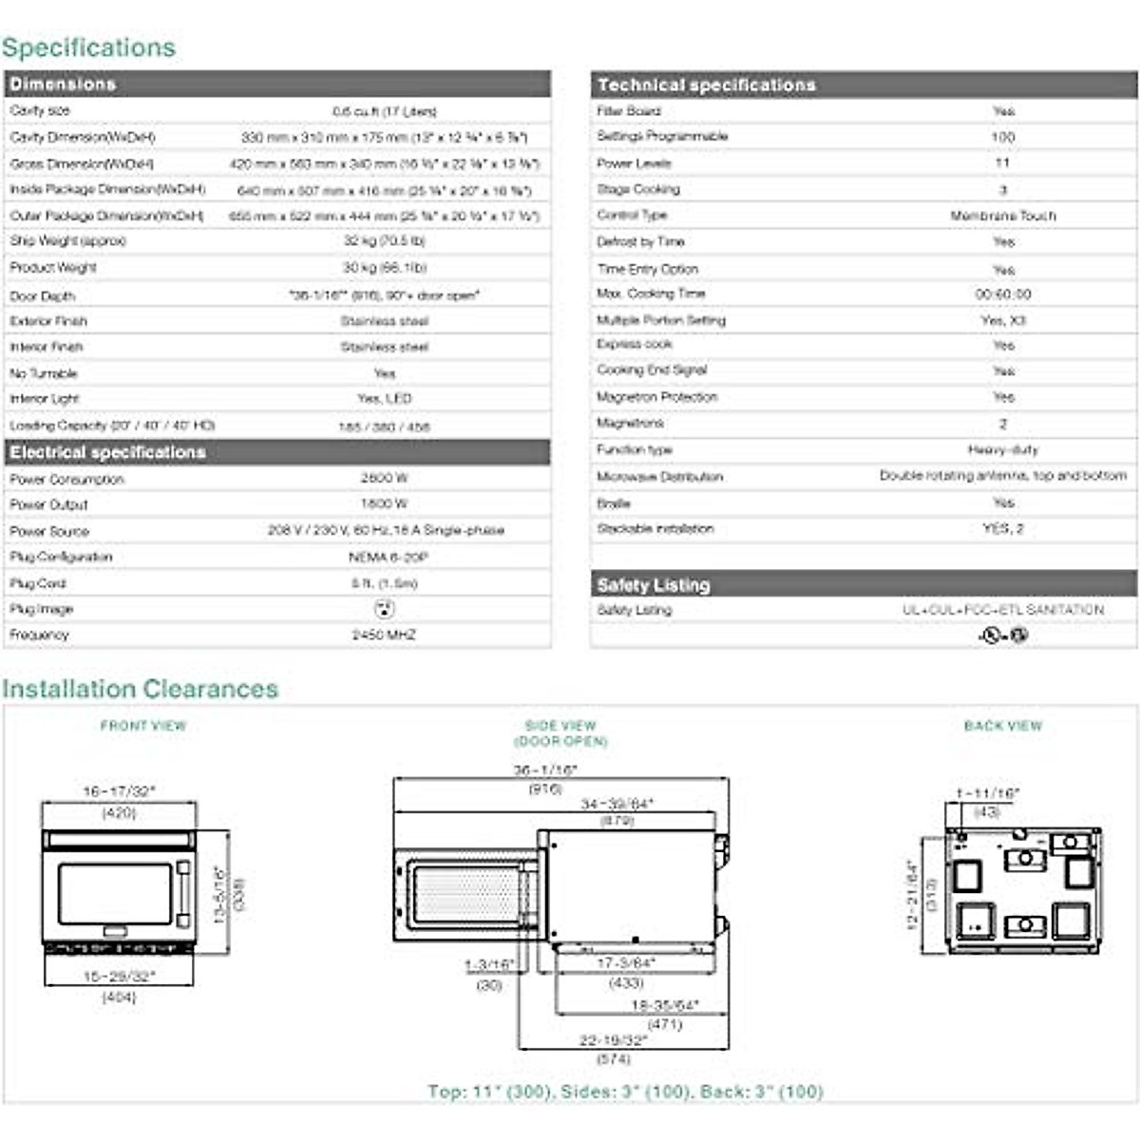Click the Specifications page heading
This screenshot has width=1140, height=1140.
click(88, 47)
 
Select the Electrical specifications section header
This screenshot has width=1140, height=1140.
click(107, 452)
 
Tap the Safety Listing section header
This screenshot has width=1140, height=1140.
click(654, 585)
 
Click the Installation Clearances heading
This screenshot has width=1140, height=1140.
click(140, 689)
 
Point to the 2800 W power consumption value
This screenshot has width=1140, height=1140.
click(384, 478)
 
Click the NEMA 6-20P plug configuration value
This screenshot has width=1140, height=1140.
click(384, 557)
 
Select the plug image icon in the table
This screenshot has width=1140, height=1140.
click(384, 609)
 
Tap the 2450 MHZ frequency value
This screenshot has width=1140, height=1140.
click(384, 635)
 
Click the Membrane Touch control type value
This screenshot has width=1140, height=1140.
click(1003, 216)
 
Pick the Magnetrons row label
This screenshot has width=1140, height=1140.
click(630, 423)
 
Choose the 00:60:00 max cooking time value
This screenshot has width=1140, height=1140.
click(1003, 294)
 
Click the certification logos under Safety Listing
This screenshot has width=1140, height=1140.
click(1003, 635)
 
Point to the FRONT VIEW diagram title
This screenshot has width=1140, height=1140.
click(143, 726)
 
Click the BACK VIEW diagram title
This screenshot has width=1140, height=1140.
click(1003, 726)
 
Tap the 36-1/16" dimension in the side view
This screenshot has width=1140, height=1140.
click(545, 770)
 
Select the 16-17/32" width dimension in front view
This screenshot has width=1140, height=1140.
click(120, 791)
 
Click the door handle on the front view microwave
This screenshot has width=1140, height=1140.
click(183, 894)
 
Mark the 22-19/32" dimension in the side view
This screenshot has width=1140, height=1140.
click(614, 1041)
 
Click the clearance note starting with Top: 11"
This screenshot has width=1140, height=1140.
click(625, 1092)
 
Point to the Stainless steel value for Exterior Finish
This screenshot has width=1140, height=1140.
click(384, 321)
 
